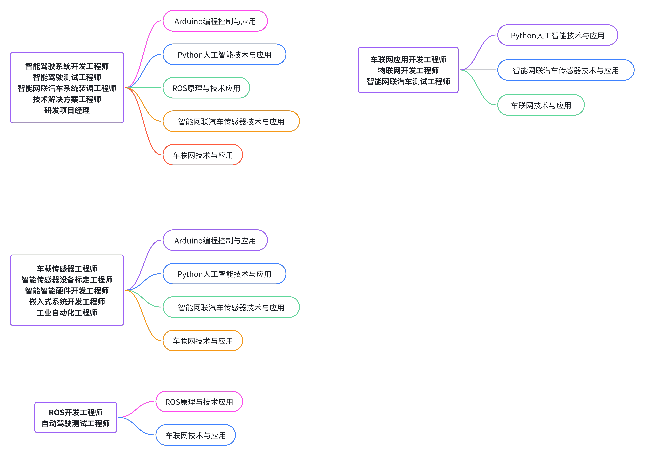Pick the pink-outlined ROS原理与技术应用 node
199,402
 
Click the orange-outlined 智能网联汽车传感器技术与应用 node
231,121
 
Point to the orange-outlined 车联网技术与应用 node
203,341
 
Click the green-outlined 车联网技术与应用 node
541,105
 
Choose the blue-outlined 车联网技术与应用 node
196,435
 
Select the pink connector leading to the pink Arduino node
143,54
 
